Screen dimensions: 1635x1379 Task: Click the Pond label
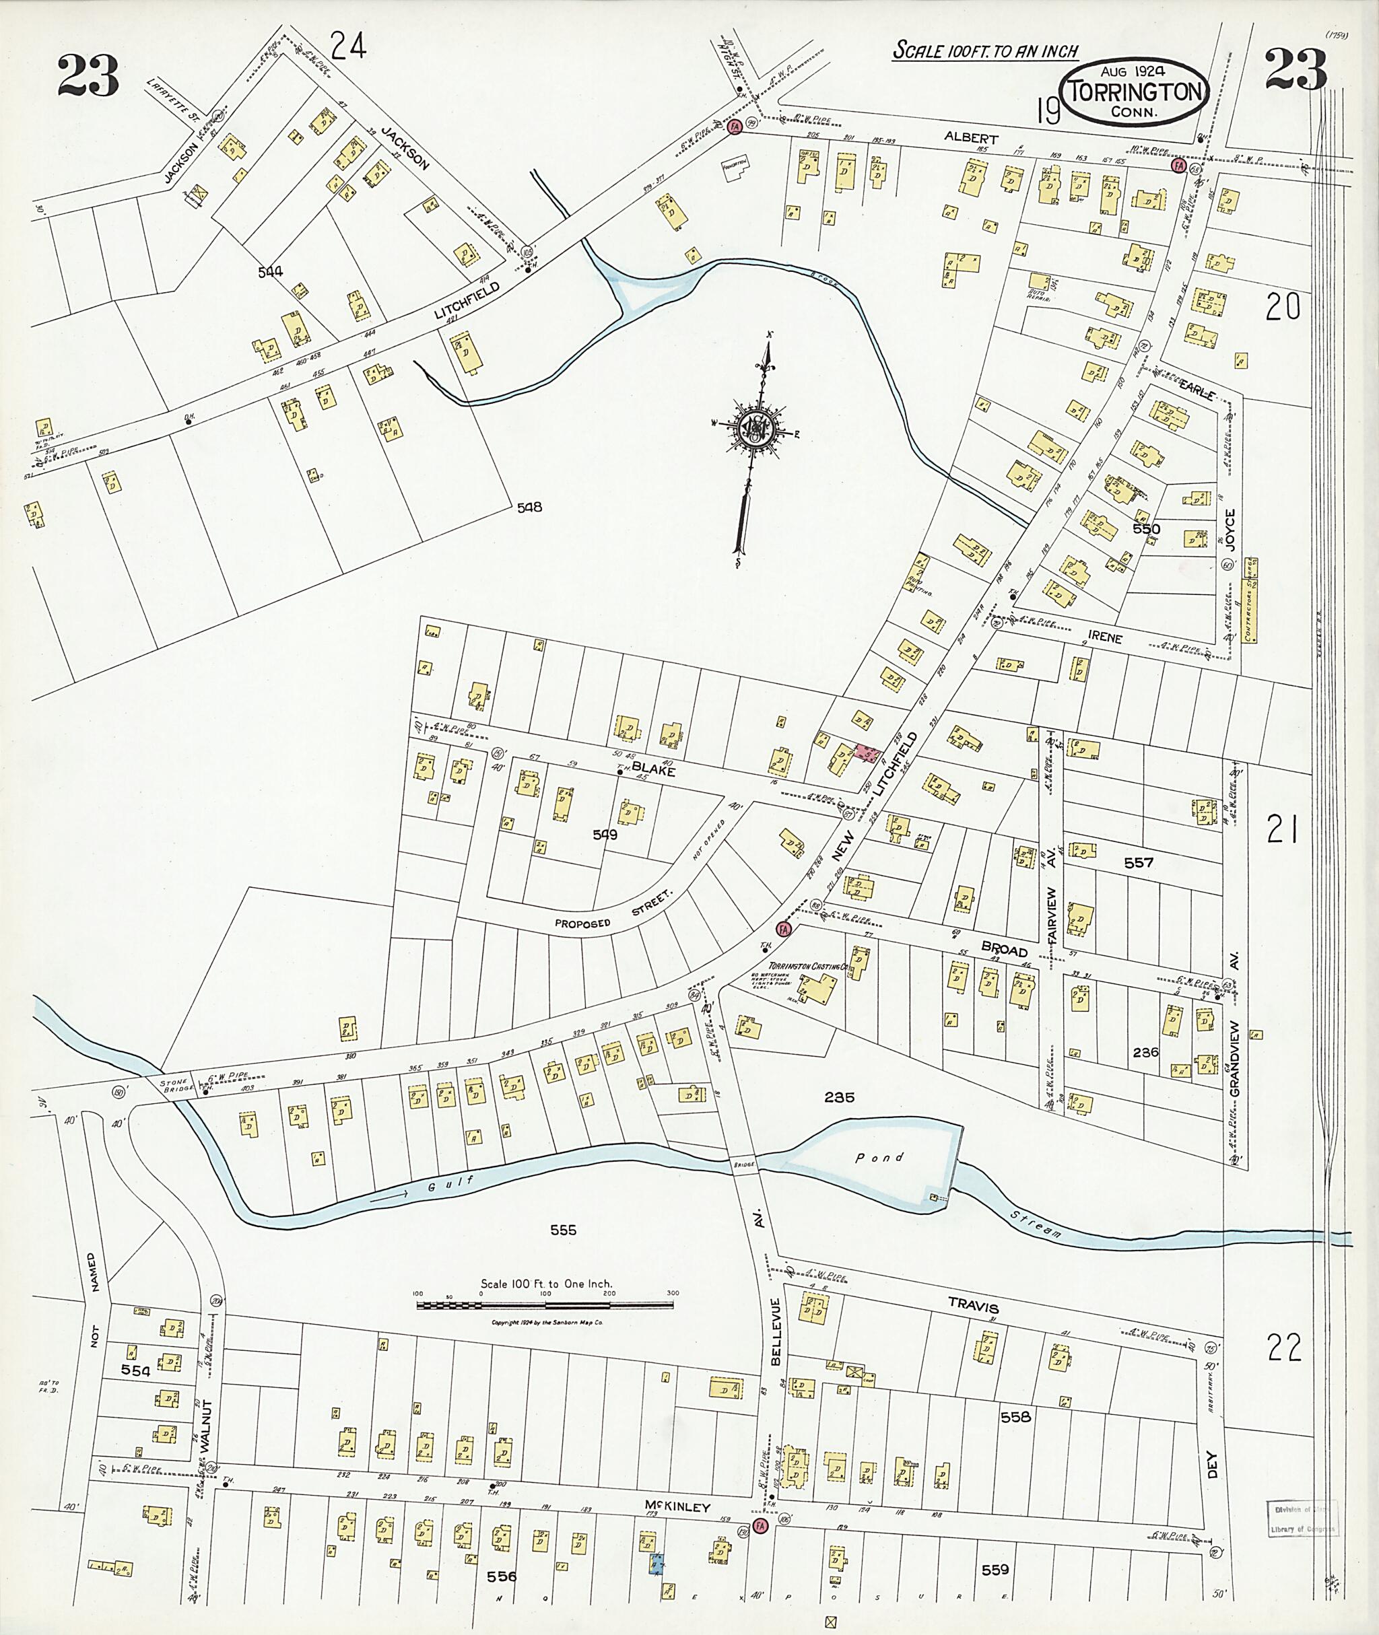click(x=879, y=1158)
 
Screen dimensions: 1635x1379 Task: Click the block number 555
click(x=563, y=1230)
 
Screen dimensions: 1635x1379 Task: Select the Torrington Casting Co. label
click(x=808, y=967)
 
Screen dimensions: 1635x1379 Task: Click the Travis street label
click(x=973, y=1306)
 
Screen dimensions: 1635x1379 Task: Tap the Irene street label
click(x=1104, y=637)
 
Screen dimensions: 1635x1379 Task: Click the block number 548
click(x=529, y=508)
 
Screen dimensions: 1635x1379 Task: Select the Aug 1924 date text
click(x=1133, y=71)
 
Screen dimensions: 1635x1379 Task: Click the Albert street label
click(x=971, y=137)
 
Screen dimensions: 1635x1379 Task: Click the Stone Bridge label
click(x=174, y=1086)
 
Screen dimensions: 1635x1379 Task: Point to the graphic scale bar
click(x=545, y=1304)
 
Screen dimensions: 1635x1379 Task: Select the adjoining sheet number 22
click(x=1283, y=1348)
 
